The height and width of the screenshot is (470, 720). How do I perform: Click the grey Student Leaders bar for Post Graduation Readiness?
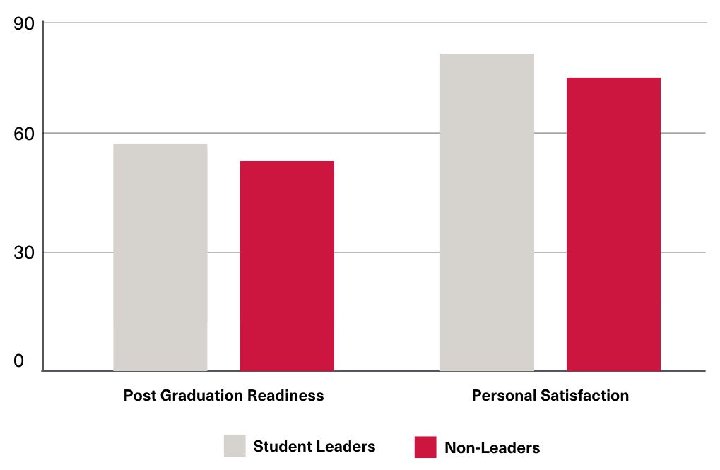point(160,257)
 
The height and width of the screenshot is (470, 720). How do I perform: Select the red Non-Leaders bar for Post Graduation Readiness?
point(287,266)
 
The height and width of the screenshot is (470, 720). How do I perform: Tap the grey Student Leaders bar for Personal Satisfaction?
point(487,212)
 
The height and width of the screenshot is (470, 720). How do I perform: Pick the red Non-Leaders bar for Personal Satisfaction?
point(613,224)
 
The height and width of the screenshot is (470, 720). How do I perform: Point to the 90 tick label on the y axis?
point(24,23)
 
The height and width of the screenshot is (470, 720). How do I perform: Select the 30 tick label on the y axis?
point(24,252)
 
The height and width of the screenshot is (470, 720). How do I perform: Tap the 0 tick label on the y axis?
point(18,361)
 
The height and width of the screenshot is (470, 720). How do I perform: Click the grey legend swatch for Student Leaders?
point(235,445)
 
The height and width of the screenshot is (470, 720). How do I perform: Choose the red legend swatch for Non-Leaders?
point(425,447)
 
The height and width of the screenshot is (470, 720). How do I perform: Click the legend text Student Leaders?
point(314,446)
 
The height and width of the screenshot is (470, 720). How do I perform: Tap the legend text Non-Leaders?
point(492,447)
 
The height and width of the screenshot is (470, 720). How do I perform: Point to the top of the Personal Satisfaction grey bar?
point(487,54)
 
